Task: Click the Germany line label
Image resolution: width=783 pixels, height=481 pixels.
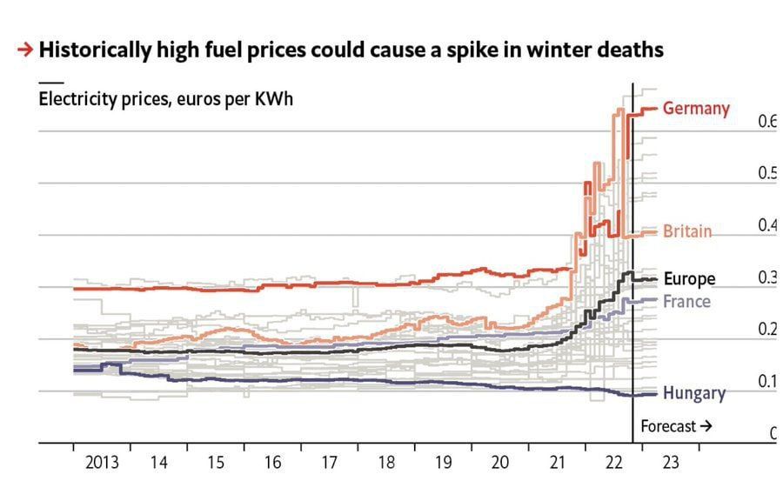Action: pos(696,109)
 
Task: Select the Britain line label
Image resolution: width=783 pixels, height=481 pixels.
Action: pos(687,231)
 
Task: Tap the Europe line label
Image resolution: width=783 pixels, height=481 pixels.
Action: pos(689,279)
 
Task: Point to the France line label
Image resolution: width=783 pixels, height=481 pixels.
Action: pos(686,301)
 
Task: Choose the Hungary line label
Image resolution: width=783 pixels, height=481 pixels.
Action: pos(693,393)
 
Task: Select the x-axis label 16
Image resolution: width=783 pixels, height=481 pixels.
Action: pos(272,463)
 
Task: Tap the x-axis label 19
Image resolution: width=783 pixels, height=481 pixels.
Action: pos(443,463)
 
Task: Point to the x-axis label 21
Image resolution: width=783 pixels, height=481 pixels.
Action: pos(557,463)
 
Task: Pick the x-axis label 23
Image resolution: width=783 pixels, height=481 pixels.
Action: pos(671,463)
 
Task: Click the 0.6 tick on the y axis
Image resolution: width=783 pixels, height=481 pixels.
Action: pos(766,122)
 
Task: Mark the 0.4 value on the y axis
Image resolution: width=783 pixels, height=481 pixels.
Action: pos(766,225)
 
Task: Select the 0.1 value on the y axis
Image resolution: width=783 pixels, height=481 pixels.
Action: pos(766,382)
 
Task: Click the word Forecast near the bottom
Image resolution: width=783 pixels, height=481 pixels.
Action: pos(668,426)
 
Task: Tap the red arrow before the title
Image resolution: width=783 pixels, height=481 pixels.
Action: pos(25,50)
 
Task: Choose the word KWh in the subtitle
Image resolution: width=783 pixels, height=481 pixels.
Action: pos(272,98)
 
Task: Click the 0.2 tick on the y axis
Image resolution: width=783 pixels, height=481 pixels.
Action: pos(766,330)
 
